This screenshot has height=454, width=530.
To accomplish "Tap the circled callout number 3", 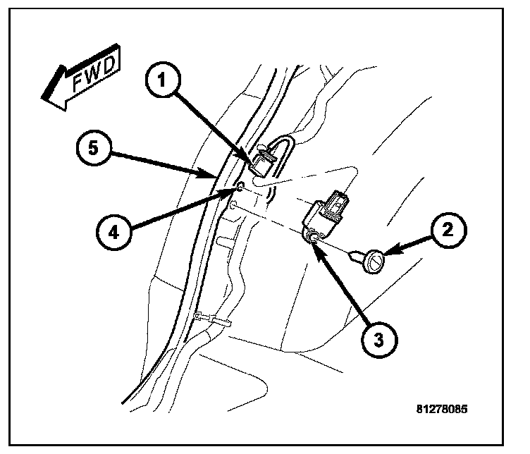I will click(x=378, y=339).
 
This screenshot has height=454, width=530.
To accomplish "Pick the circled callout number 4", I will click(x=112, y=232).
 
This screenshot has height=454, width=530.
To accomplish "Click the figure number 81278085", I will click(x=441, y=408).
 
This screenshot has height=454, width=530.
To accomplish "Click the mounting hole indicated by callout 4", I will click(x=239, y=187).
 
